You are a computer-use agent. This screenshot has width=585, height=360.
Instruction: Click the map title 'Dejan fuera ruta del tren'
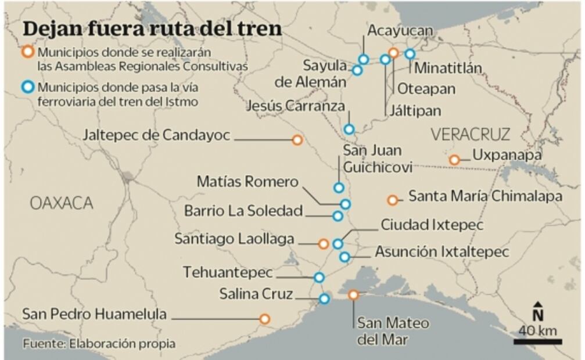point(152,29)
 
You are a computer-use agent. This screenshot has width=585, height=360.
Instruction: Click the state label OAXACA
point(61,203)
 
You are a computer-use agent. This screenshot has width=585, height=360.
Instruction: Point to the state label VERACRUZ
point(471,135)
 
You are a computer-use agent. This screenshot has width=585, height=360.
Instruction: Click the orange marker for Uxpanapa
point(454,160)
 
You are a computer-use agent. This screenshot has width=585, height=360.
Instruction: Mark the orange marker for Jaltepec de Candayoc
point(297,140)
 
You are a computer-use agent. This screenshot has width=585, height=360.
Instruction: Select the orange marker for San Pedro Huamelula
point(264,319)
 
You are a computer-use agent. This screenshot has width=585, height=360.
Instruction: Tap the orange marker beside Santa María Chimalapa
point(393,200)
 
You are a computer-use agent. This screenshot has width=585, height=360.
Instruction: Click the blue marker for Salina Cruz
point(324,299)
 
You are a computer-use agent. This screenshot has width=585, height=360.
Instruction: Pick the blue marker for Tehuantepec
point(319,278)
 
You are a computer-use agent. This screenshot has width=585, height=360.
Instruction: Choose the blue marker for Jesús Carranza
point(349,129)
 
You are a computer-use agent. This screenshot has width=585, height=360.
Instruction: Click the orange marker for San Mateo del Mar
point(353,295)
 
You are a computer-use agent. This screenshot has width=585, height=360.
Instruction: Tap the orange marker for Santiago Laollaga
point(324,244)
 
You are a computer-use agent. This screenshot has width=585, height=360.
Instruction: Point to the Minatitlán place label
point(448,68)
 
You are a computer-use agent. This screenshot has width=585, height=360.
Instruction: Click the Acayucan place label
point(400,30)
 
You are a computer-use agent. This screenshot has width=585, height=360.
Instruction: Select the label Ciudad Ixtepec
point(432,224)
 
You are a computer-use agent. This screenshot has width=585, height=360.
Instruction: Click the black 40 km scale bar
point(537,341)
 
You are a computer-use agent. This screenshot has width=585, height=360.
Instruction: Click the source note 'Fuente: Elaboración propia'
point(99,344)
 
